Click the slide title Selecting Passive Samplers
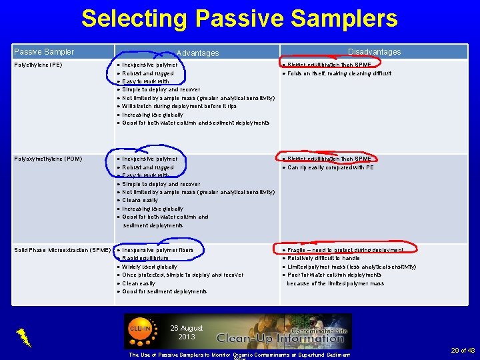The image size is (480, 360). tap(239, 18)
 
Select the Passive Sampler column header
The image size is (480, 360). tap(44, 52)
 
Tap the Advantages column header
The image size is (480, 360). tap(197, 53)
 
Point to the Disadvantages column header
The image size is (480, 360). tap(375, 52)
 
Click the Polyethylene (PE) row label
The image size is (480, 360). tap(38, 65)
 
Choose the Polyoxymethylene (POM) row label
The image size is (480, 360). tap(49, 159)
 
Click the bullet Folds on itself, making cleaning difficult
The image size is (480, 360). tap(339, 73)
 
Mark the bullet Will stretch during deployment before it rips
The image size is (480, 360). tap(179, 106)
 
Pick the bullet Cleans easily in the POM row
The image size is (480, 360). tap(140, 200)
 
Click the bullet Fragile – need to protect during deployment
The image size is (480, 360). tap(345, 250)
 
